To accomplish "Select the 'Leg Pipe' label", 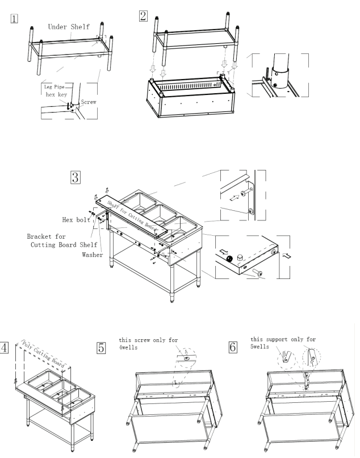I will [52, 86].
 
